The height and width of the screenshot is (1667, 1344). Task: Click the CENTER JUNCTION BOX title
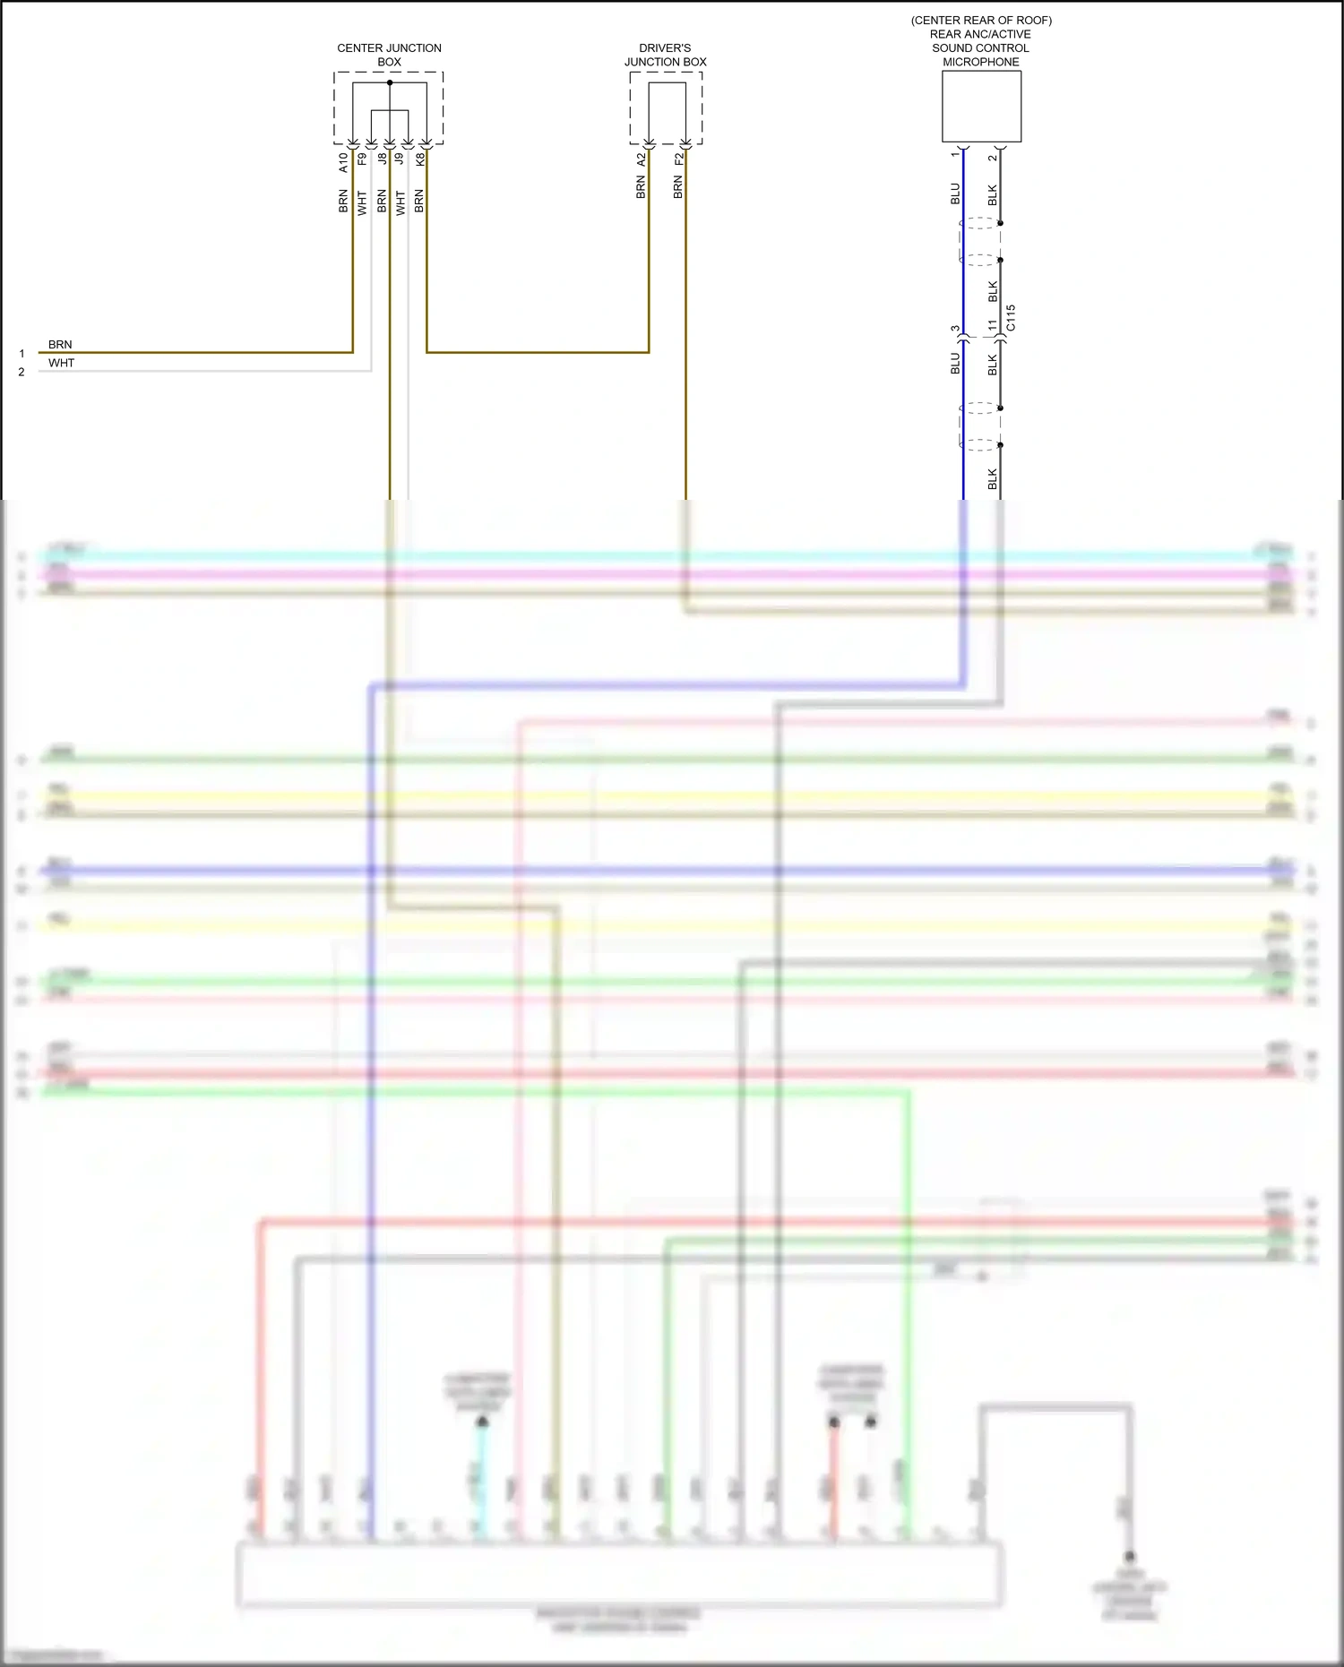tap(389, 55)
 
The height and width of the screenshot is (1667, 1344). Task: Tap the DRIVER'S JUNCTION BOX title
tap(665, 55)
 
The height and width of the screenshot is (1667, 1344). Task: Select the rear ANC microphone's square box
tap(981, 107)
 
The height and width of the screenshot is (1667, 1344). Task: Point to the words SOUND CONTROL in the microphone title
tap(980, 48)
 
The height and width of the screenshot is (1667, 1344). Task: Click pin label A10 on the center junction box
tap(343, 162)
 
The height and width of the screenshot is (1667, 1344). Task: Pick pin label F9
tap(362, 159)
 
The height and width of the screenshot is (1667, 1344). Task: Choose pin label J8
tap(382, 159)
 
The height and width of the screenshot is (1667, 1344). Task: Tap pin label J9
tap(400, 159)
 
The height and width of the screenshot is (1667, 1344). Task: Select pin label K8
tap(419, 159)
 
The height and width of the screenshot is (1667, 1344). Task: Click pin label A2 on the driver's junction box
tap(641, 159)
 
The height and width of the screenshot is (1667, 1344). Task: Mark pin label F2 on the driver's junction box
tap(678, 159)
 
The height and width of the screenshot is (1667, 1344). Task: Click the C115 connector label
tap(1011, 318)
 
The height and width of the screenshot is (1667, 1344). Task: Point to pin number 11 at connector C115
tap(992, 326)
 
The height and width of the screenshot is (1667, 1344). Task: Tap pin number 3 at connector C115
tap(955, 329)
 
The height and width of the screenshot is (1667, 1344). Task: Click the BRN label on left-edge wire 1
tap(60, 345)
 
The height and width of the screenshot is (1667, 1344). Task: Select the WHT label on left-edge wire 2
tap(62, 363)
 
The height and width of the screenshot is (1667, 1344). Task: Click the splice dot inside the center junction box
tap(390, 83)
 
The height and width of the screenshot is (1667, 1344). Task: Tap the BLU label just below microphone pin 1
tap(955, 193)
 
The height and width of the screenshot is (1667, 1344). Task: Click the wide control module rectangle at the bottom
tap(618, 1573)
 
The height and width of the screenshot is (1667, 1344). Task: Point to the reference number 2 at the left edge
tap(22, 372)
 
